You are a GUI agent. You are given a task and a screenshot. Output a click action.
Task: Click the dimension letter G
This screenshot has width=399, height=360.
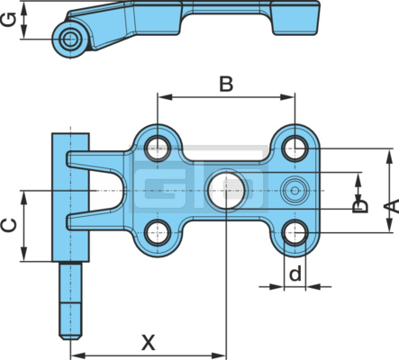(x=9, y=20)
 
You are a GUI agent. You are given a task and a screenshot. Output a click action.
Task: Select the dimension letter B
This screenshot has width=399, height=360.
(x=226, y=85)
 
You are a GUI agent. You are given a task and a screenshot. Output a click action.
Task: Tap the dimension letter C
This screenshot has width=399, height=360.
(x=9, y=226)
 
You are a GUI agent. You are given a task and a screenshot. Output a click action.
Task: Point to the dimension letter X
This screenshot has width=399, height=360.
(x=149, y=342)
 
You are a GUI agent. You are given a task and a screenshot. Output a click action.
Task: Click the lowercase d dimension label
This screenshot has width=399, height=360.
(x=295, y=274)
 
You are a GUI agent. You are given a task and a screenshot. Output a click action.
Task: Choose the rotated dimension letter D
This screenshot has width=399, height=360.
(x=360, y=207)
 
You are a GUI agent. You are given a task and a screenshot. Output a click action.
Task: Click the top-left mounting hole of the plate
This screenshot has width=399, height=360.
(x=158, y=148)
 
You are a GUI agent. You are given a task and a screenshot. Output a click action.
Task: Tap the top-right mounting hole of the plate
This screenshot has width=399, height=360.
(x=295, y=148)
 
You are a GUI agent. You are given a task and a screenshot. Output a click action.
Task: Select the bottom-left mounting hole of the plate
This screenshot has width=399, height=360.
(x=158, y=233)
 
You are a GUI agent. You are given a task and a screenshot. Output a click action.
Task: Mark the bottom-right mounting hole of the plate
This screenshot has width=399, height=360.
(x=295, y=233)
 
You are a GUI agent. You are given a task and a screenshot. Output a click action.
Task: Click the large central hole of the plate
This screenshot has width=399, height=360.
(x=226, y=191)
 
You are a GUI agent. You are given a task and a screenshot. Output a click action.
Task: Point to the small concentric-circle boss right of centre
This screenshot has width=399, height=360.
(x=295, y=191)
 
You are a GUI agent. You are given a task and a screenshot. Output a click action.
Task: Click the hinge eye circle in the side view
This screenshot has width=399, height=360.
(x=70, y=39)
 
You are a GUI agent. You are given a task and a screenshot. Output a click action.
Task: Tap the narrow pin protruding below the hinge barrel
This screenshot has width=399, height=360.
(x=70, y=301)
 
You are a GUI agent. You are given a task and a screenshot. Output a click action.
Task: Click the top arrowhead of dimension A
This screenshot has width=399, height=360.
(x=389, y=157)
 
